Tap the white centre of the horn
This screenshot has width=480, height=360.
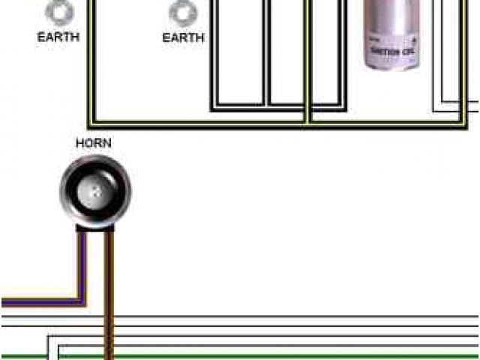click(95, 190)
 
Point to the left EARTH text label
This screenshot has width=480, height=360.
click(58, 36)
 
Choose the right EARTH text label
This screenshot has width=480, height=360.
click(183, 36)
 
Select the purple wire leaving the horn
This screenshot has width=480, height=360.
click(82, 262)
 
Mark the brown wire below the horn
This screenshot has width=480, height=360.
click(109, 300)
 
